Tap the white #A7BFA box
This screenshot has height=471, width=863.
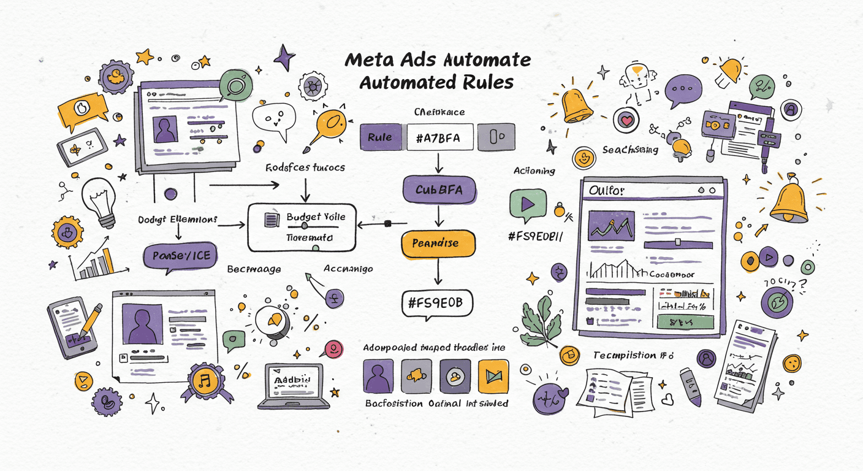441,137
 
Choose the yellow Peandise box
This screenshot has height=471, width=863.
438,243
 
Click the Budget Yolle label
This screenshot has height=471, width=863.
316,217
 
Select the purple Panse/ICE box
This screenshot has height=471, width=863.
180,256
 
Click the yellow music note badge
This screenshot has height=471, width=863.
204,382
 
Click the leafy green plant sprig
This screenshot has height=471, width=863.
542,319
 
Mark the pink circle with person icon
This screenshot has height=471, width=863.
333,348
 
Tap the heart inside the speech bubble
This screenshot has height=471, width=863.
625,120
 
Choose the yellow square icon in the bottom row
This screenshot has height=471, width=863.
493,375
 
